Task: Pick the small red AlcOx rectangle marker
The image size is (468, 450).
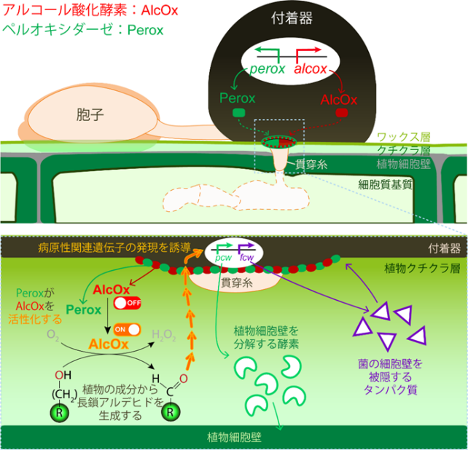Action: pos(340,114)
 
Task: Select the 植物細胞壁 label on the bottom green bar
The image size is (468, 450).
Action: pos(234,438)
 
